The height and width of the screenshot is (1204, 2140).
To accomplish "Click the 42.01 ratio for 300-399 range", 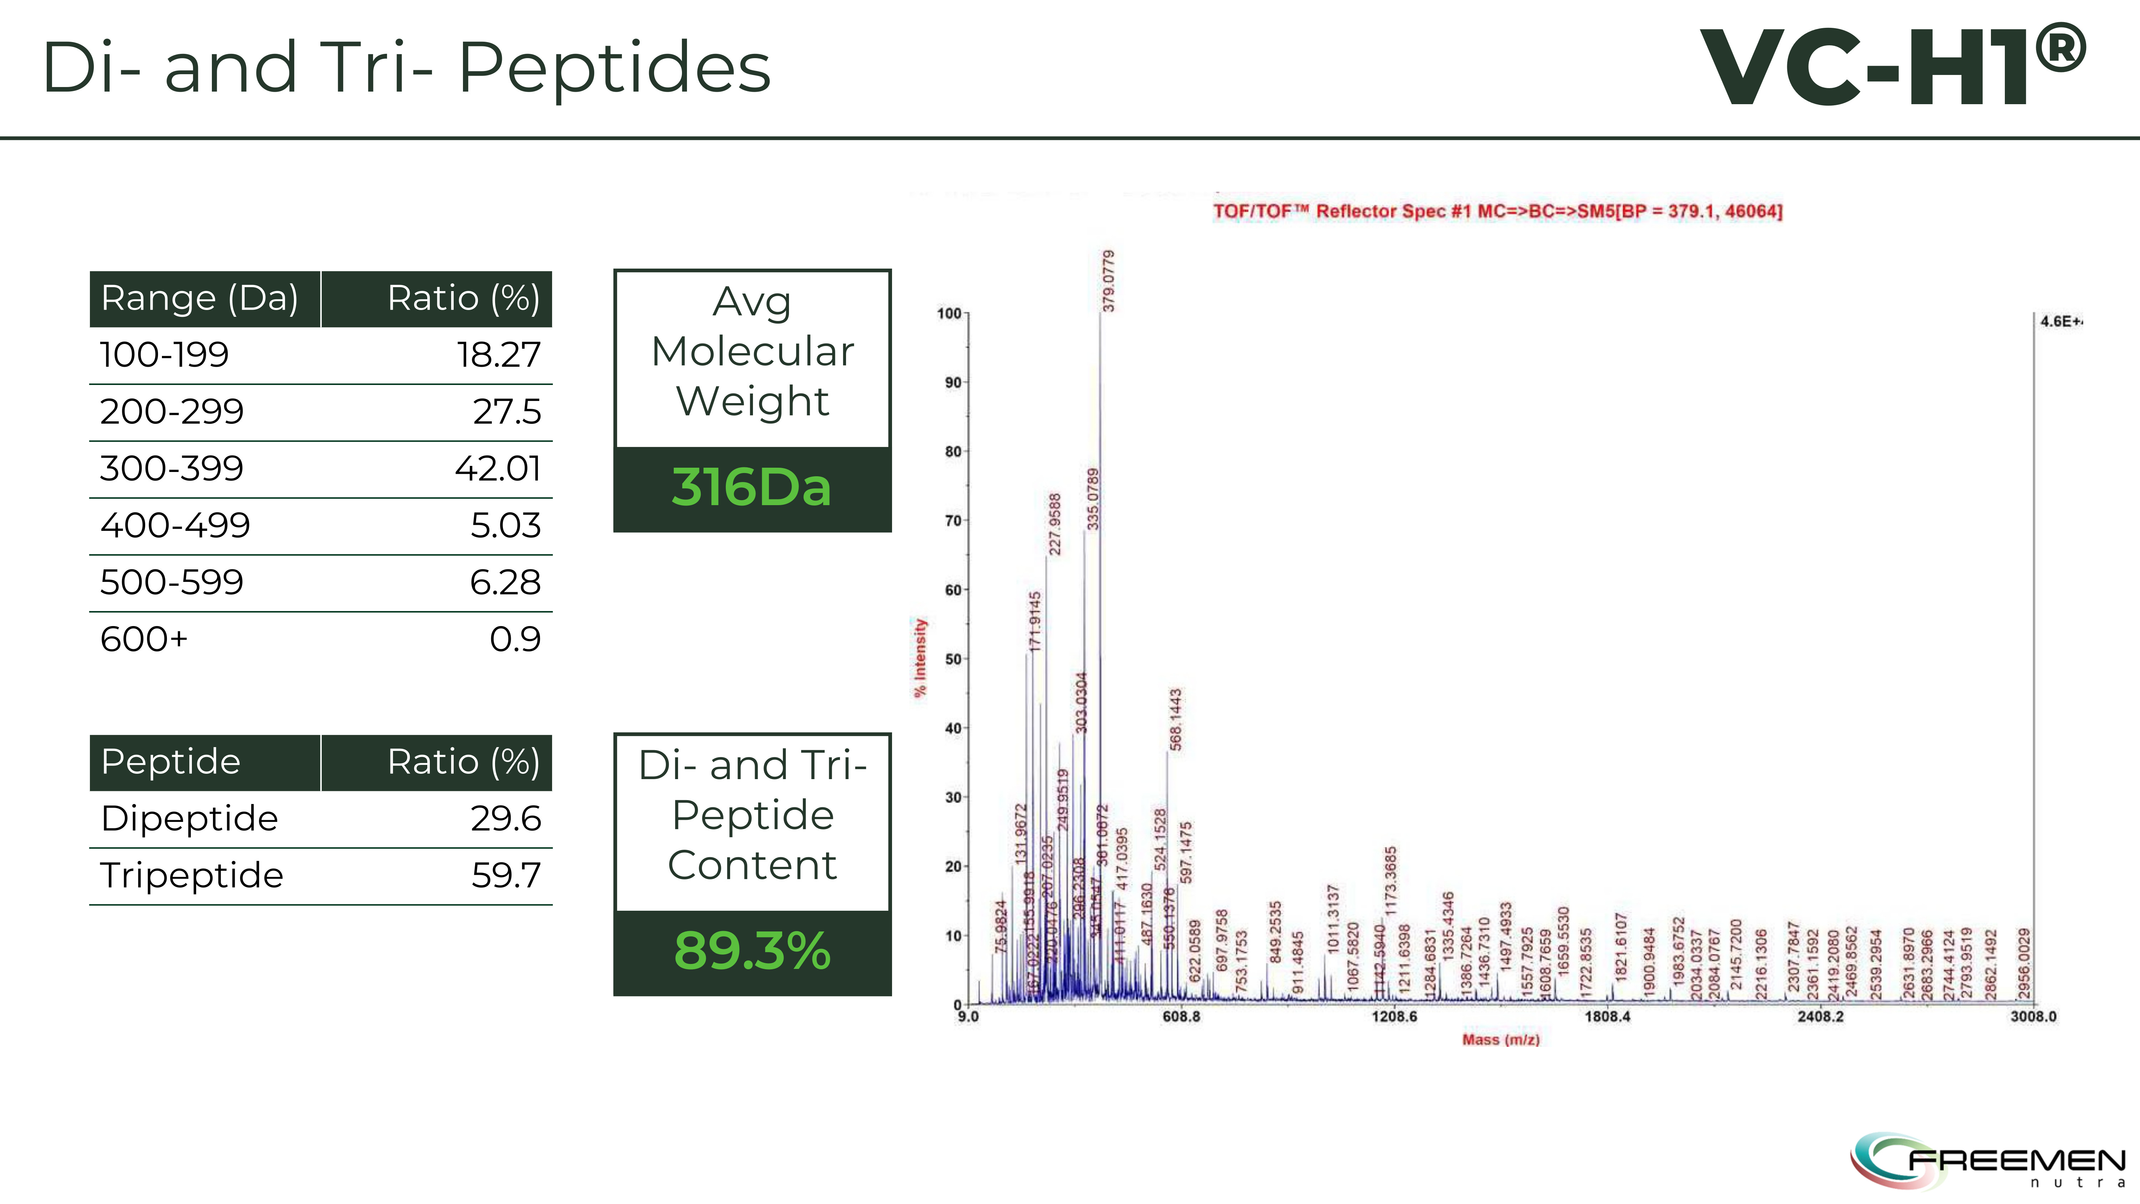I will coord(498,469).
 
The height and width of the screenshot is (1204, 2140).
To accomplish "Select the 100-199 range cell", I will coord(164,355).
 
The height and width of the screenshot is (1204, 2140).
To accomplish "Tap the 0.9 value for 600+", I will coord(515,639).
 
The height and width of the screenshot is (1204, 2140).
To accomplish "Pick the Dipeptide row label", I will coord(189,818).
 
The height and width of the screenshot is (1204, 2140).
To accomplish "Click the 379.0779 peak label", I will coord(1109,281).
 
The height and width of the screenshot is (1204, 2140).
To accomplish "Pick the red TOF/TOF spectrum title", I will coord(1497,211).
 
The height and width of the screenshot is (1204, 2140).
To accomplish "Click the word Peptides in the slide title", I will coord(615,68).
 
